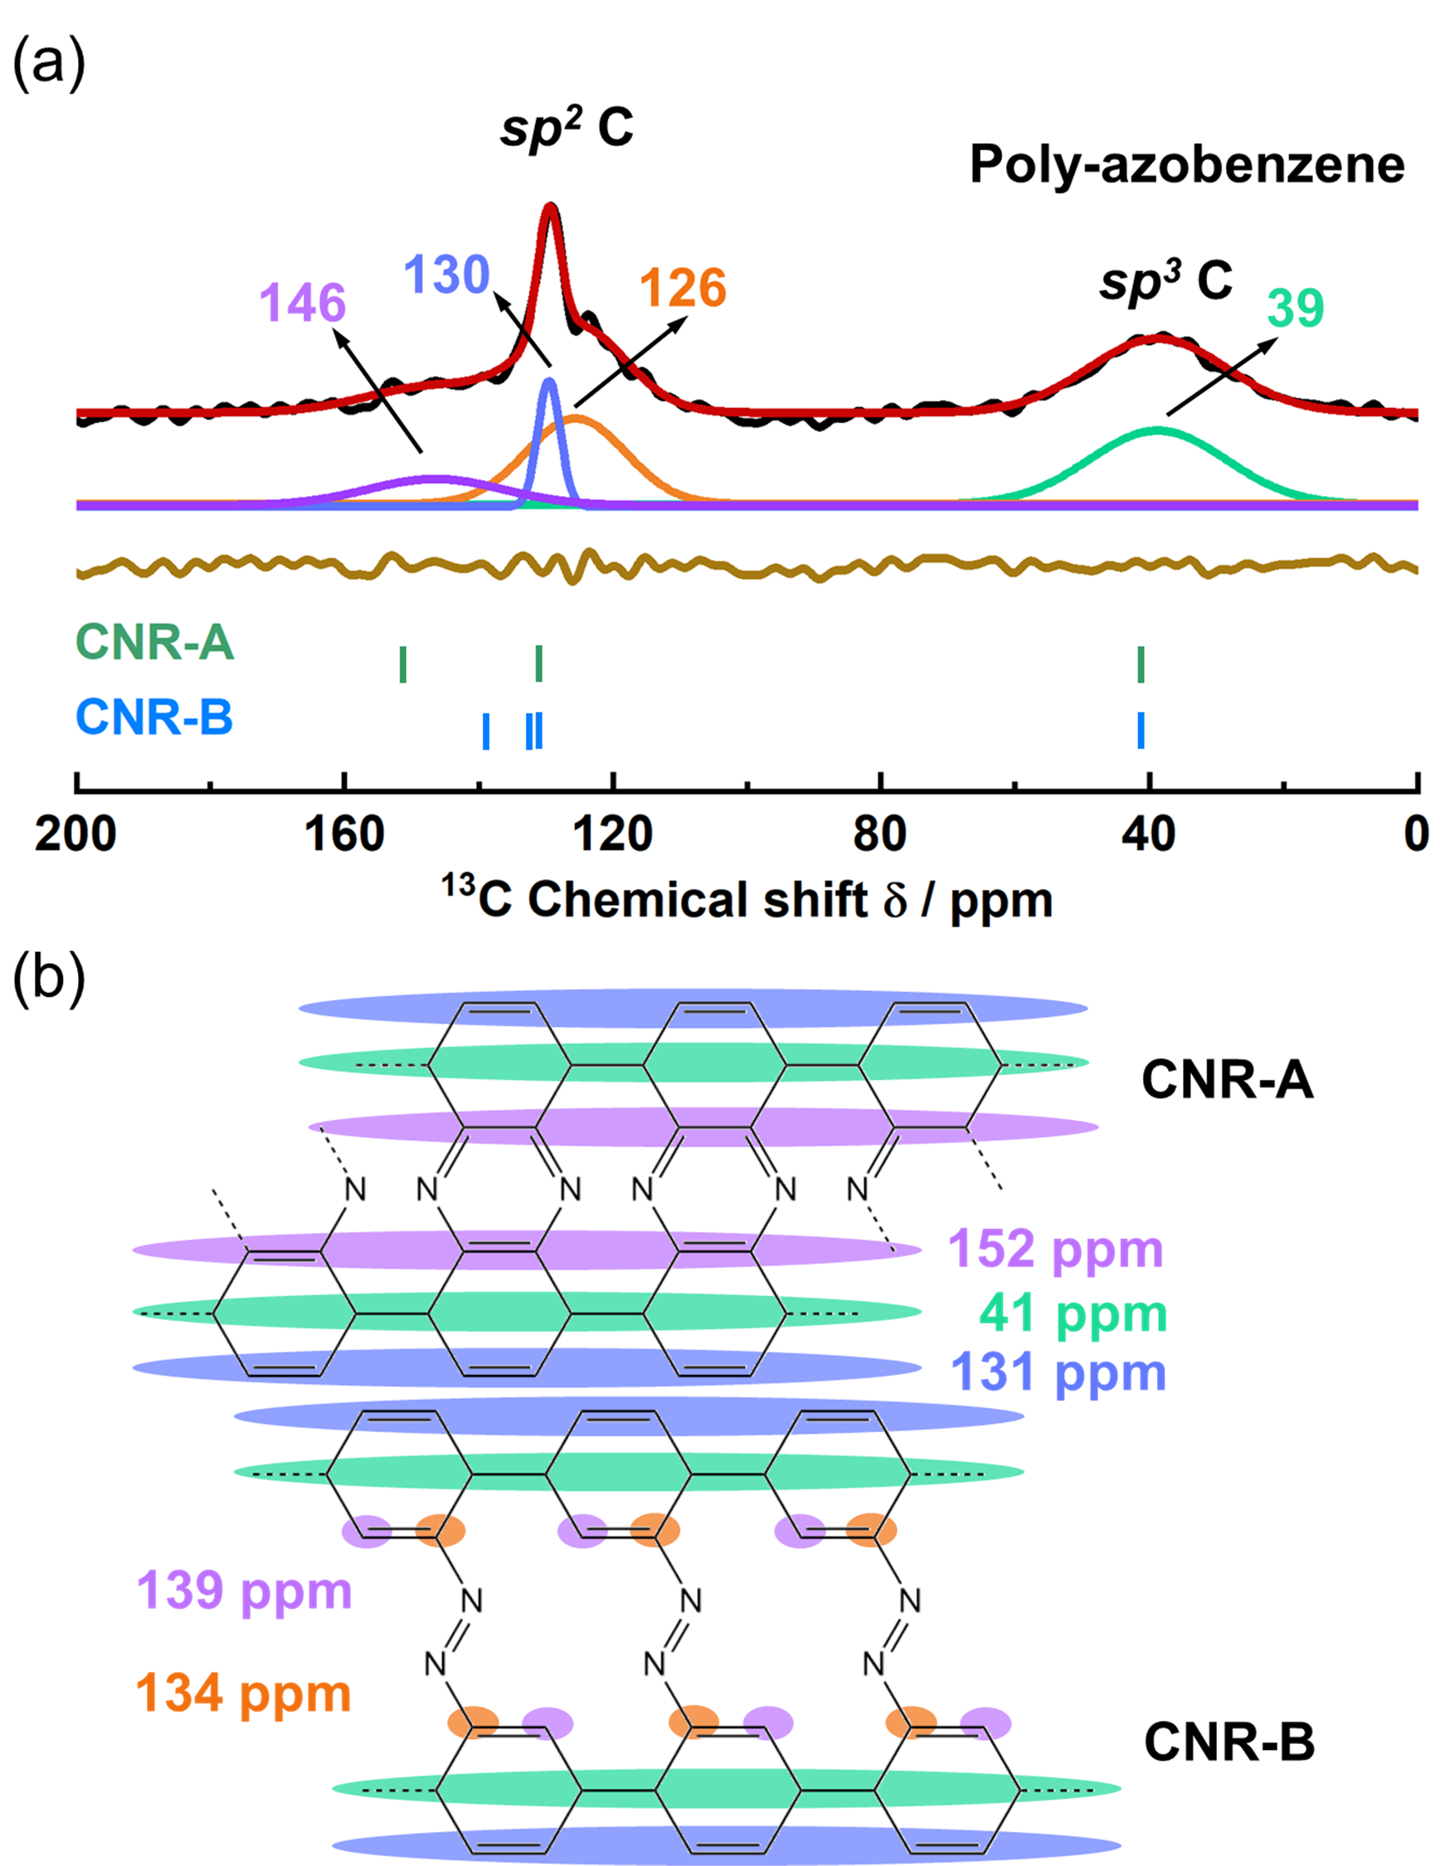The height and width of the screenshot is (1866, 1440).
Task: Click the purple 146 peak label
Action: click(303, 303)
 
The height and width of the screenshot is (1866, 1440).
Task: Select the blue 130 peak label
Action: click(446, 275)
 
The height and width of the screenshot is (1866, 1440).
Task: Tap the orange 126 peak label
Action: click(683, 287)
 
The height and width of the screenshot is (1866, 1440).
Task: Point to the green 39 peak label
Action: click(1295, 308)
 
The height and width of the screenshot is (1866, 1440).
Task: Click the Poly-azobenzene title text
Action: click(1186, 164)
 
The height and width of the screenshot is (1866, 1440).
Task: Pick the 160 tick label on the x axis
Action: click(344, 833)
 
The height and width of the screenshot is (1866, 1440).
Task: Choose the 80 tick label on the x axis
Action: click(879, 833)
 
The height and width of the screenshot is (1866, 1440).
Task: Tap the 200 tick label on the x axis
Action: click(75, 833)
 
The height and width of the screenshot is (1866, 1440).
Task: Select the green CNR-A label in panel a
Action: click(154, 642)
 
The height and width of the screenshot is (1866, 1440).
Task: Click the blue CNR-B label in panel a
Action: click(154, 716)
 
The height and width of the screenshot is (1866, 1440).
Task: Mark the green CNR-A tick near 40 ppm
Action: click(1141, 663)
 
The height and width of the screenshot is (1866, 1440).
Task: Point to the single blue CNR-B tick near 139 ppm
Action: click(486, 731)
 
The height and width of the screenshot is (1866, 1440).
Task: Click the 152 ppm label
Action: click(1055, 1248)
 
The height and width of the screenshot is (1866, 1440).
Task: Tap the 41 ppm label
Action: click(1073, 1312)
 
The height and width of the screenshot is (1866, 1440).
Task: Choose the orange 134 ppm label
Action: click(245, 1693)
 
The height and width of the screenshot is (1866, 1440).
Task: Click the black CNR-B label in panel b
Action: click(1229, 1742)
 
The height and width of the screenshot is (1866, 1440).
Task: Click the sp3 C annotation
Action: click(1165, 280)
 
